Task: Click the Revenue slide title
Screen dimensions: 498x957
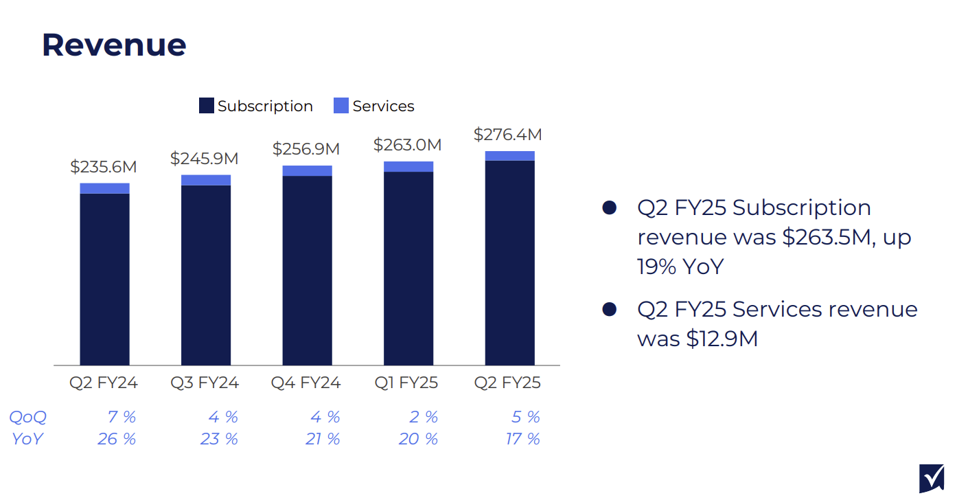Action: pyautogui.click(x=114, y=45)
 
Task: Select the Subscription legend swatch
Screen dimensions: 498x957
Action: pyautogui.click(x=206, y=106)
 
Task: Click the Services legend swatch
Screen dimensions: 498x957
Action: pyautogui.click(x=341, y=106)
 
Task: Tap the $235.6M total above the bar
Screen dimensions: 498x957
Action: pyautogui.click(x=104, y=167)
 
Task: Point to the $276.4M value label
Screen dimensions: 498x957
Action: pyautogui.click(x=508, y=135)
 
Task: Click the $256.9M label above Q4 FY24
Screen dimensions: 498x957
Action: pyautogui.click(x=306, y=149)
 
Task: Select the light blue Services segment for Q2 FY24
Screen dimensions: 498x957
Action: pyautogui.click(x=104, y=188)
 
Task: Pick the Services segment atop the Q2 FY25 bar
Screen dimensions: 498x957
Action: pyautogui.click(x=509, y=156)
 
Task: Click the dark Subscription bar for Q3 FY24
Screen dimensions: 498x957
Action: pyautogui.click(x=206, y=275)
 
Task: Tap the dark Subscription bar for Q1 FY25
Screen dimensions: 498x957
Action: pyautogui.click(x=408, y=268)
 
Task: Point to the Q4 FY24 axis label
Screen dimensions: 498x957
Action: pyautogui.click(x=306, y=383)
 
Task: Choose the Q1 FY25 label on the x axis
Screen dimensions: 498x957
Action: pyautogui.click(x=408, y=383)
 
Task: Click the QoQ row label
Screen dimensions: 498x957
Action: pyautogui.click(x=27, y=417)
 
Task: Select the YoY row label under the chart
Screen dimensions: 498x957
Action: pyautogui.click(x=27, y=439)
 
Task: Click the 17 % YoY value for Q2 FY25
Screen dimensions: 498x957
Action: pyautogui.click(x=523, y=439)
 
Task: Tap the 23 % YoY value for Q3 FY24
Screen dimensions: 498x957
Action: pyautogui.click(x=219, y=439)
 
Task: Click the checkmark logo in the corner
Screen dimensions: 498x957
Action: pyautogui.click(x=931, y=478)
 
